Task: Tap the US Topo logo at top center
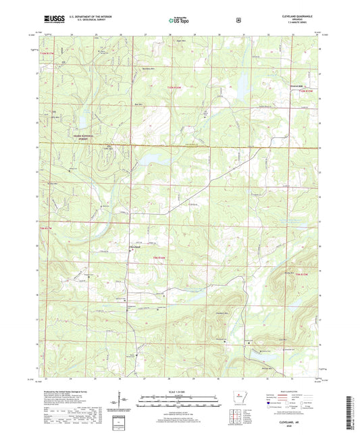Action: [180, 20]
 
